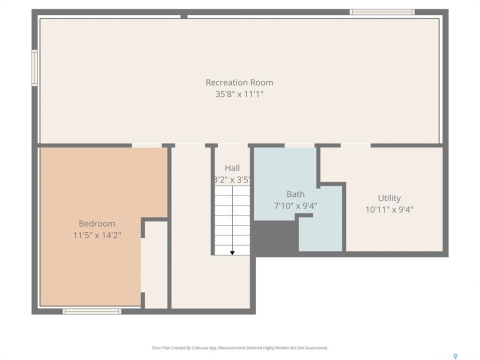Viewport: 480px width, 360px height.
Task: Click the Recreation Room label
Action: click(x=239, y=82)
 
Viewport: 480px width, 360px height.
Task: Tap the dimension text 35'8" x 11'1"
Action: click(x=239, y=94)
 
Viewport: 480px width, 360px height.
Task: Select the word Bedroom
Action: click(x=97, y=223)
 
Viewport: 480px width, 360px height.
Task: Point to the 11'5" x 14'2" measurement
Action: click(x=97, y=235)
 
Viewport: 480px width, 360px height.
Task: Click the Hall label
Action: click(x=232, y=168)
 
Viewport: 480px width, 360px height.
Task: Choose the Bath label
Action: click(x=295, y=194)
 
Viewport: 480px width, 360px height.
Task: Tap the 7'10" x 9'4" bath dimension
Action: click(x=295, y=205)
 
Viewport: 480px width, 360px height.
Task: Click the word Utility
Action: click(x=389, y=198)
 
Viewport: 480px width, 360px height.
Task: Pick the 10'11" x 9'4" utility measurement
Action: click(x=389, y=209)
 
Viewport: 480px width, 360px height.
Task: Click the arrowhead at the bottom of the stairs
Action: click(x=232, y=253)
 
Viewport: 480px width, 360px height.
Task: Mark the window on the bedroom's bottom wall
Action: click(x=92, y=311)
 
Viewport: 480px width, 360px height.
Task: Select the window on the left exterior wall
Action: click(x=34, y=67)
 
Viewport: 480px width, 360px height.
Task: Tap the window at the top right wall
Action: click(x=382, y=12)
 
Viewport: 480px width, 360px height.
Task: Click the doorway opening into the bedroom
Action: click(x=147, y=145)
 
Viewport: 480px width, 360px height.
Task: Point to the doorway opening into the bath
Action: click(x=299, y=145)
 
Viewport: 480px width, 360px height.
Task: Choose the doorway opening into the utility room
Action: click(x=355, y=145)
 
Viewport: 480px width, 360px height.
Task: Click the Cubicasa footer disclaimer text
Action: click(x=239, y=348)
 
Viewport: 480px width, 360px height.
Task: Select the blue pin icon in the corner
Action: click(x=455, y=356)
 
